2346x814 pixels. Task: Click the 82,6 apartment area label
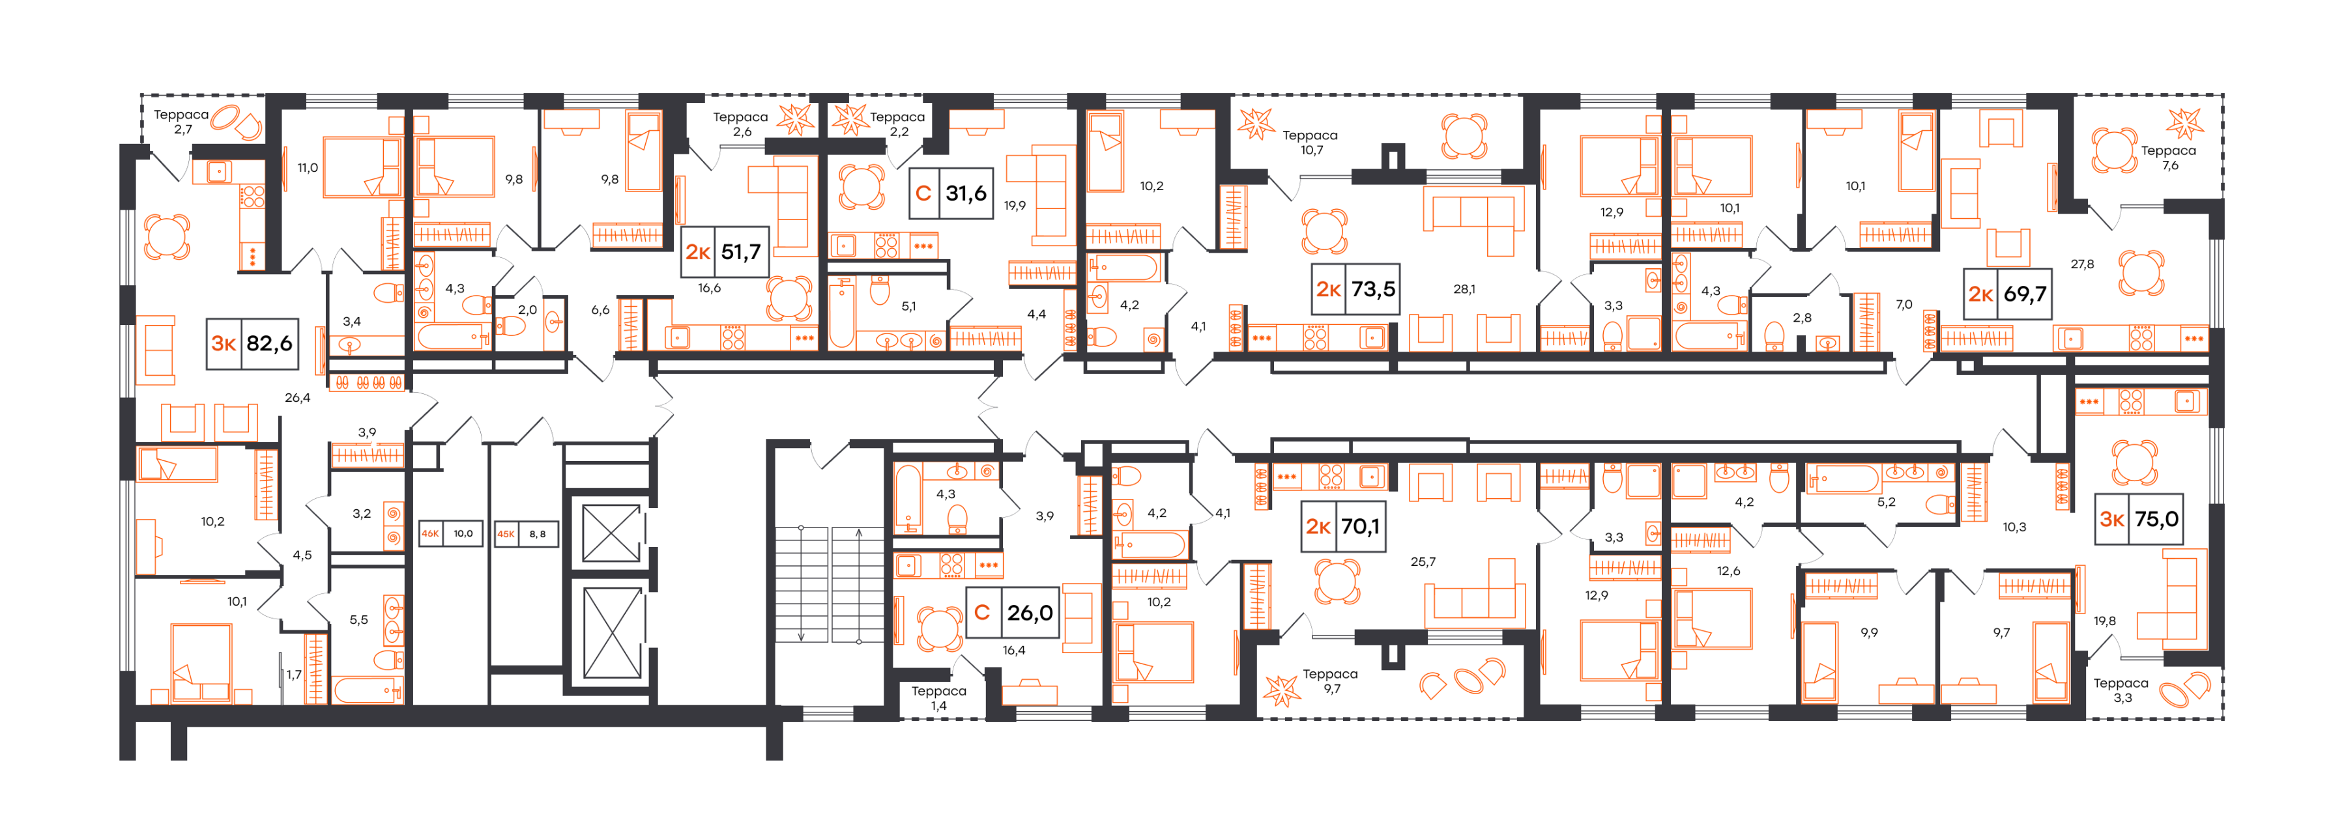252,343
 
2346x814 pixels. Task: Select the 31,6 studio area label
950,193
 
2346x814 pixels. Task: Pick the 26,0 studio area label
1013,613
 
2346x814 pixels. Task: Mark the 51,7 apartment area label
724,251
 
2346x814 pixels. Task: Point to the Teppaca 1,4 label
939,698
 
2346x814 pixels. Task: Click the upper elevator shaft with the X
611,533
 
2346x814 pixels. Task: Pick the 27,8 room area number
2082,264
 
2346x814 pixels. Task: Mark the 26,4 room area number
297,398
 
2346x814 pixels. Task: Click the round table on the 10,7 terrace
1464,137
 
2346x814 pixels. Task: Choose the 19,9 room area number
1015,206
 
